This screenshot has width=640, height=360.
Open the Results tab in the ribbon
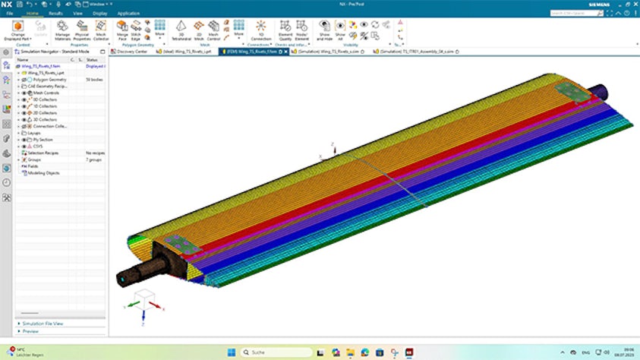[55, 13]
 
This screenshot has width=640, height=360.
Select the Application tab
[128, 13]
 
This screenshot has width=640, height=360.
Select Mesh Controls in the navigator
[47, 93]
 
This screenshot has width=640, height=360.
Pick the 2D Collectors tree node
[47, 112]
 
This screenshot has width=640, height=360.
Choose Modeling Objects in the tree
[43, 172]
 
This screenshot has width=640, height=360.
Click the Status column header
[93, 59]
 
